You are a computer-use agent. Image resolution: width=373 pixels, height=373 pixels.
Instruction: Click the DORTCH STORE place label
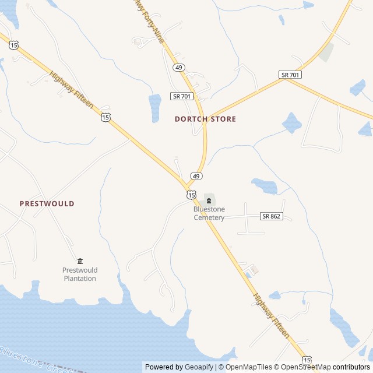point(205,119)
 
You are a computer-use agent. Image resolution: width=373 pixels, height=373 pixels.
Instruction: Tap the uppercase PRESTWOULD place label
point(47,203)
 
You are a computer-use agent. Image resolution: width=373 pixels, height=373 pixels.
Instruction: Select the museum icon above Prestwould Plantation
point(80,261)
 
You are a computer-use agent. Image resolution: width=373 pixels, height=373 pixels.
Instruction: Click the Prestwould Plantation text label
point(80,274)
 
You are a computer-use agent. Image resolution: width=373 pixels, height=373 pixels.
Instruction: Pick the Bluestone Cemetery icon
point(209,200)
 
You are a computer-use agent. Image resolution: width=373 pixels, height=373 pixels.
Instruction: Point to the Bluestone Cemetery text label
point(209,213)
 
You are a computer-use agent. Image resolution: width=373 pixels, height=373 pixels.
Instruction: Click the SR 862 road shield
point(272,216)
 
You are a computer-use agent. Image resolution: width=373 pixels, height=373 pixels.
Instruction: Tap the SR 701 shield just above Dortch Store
point(182,96)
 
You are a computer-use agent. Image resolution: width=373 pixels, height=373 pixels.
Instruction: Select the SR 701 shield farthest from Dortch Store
point(290,75)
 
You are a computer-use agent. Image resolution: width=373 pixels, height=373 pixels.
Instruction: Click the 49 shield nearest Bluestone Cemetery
point(196,176)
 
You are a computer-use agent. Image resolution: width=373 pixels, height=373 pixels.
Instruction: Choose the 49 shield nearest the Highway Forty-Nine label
point(178,68)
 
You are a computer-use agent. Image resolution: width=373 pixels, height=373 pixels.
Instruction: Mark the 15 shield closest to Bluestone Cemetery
point(191,194)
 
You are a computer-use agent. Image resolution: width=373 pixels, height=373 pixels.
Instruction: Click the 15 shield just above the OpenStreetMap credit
point(307,360)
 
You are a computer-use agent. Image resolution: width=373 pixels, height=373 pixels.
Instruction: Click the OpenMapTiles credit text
point(248,367)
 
